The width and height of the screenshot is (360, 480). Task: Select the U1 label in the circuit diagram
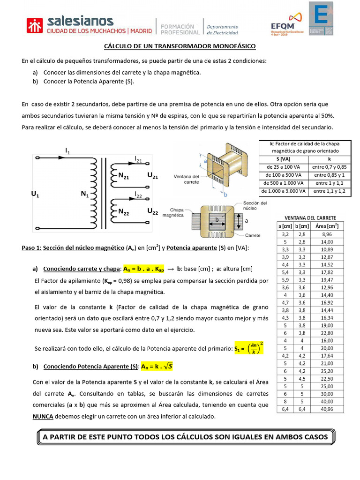(35, 194)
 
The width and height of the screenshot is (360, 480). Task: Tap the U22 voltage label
(152, 211)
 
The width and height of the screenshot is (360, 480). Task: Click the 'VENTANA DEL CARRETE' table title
(310, 218)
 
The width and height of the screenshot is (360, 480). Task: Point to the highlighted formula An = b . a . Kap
(144, 269)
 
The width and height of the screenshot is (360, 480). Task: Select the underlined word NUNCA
(43, 416)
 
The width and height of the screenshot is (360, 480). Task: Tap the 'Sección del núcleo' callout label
(255, 206)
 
